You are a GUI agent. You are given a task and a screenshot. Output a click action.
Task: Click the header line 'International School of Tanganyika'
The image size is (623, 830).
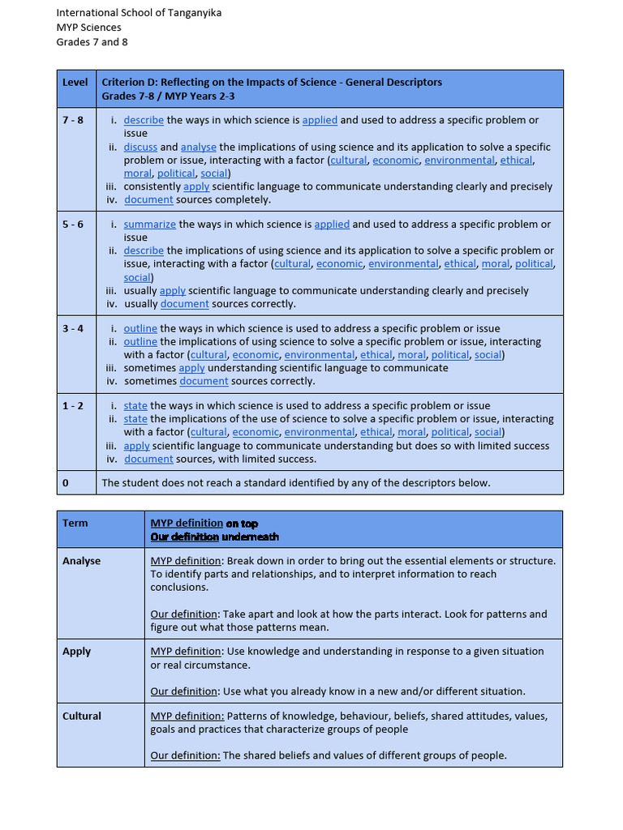(x=139, y=13)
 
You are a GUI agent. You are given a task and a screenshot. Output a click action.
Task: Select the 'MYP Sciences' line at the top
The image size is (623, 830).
(x=88, y=28)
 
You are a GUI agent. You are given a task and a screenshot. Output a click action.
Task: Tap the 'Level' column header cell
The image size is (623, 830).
(x=75, y=83)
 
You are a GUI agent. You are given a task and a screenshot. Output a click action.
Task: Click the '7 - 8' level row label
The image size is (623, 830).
(x=73, y=120)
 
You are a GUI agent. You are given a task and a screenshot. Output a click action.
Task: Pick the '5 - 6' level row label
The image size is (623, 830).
(x=73, y=225)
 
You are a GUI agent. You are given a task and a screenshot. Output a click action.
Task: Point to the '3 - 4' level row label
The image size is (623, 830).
(x=73, y=328)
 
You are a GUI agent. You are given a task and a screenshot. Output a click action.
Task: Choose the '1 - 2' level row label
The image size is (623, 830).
(x=73, y=406)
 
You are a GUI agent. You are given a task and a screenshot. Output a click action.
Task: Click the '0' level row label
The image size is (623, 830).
(x=66, y=483)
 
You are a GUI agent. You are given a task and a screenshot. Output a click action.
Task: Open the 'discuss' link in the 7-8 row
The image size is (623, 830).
(x=140, y=148)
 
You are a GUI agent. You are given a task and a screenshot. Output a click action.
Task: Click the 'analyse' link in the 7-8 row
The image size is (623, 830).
(x=198, y=148)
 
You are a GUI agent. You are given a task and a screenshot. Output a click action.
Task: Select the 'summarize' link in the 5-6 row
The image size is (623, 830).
(x=149, y=225)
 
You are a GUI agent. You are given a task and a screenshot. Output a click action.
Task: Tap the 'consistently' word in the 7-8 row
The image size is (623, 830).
(x=153, y=186)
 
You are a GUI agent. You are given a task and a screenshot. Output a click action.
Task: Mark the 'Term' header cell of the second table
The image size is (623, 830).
(x=75, y=524)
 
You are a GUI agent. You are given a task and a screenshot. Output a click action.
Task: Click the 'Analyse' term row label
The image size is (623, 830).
(x=81, y=561)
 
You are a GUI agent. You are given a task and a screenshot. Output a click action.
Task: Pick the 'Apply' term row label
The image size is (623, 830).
(x=76, y=652)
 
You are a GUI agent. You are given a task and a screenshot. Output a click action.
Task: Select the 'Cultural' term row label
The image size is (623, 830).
(x=82, y=717)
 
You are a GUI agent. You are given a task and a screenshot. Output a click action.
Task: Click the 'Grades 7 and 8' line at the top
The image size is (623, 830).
(x=92, y=42)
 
